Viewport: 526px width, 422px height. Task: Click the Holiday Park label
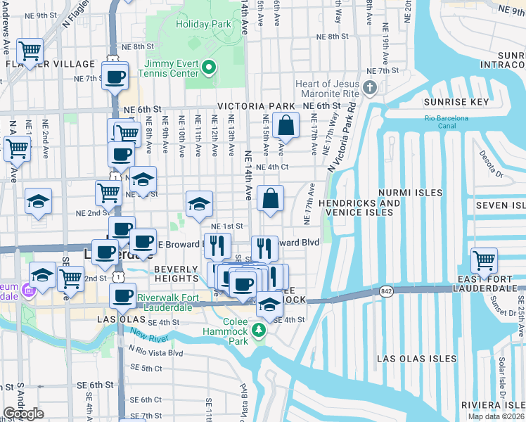204,24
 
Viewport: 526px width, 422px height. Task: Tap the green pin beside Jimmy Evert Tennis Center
208,68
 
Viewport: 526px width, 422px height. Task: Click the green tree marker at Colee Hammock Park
260,329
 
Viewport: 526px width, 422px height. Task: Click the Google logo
23,414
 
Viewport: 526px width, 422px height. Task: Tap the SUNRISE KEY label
456,102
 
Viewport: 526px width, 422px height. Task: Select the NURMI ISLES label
410,192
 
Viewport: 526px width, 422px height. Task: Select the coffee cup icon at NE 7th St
115,75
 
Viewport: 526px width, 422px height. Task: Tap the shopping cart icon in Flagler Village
30,51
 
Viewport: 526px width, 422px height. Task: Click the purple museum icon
27,290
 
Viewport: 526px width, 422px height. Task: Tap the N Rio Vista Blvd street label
155,352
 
